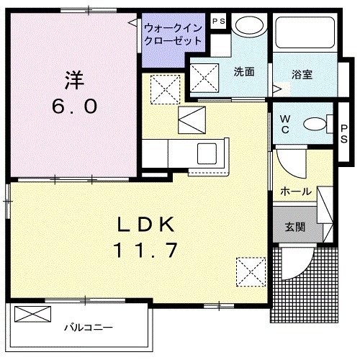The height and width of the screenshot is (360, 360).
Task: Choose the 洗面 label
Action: [244, 71]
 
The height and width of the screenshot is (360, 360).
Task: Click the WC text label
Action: [284, 124]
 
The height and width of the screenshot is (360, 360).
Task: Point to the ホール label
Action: [297, 192]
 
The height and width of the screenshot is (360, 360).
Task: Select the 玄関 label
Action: [294, 228]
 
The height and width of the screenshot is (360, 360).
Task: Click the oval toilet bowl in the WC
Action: [315, 124]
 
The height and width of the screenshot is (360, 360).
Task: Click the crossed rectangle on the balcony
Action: [33, 315]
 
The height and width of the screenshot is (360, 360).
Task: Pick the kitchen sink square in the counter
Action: [212, 153]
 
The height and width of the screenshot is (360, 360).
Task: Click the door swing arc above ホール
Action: [290, 164]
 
